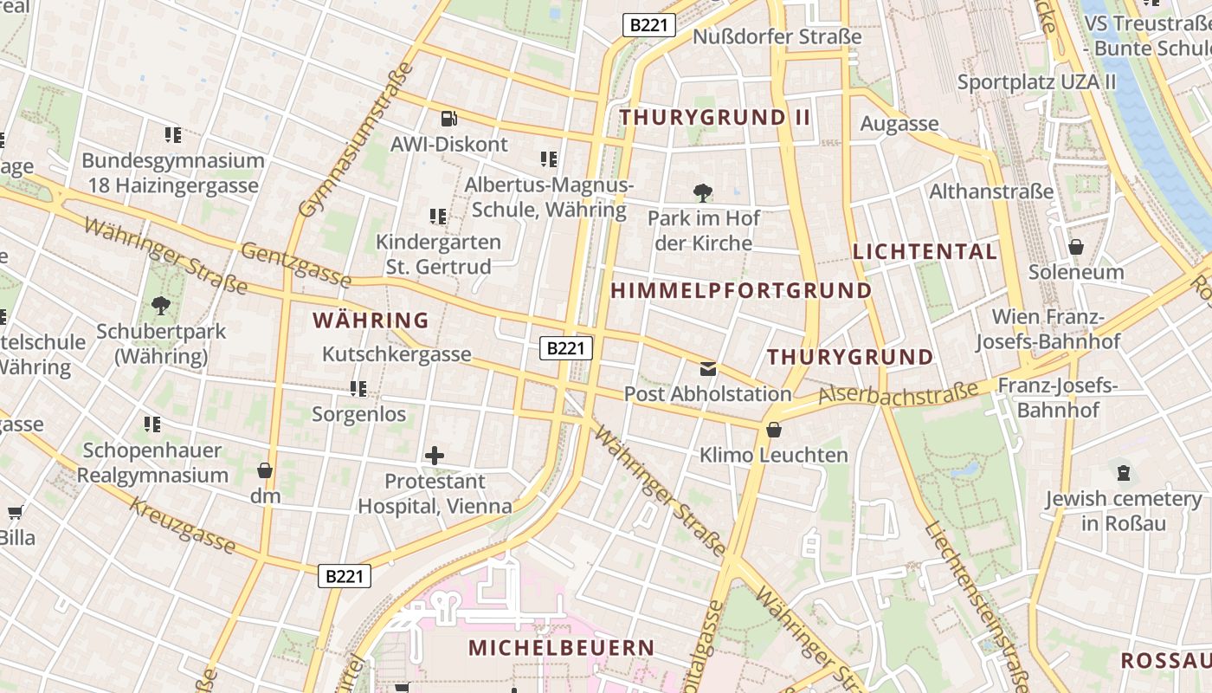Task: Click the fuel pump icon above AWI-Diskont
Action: coord(448,118)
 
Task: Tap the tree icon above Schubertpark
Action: coord(160,305)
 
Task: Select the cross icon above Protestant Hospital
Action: coord(435,455)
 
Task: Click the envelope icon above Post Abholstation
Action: coord(708,369)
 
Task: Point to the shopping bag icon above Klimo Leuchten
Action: coord(774,430)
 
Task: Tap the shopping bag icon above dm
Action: coord(265,470)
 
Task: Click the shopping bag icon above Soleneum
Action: coord(1076,247)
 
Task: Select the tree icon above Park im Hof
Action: coord(702,192)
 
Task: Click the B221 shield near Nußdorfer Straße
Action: coord(648,25)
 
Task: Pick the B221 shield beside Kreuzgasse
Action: coord(345,576)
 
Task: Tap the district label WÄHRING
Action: coord(371,321)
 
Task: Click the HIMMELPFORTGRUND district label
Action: coord(741,291)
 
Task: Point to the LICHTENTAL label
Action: coord(925,252)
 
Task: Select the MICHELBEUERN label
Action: coord(561,647)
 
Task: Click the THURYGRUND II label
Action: coord(715,117)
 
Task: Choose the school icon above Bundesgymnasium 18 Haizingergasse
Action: coord(173,135)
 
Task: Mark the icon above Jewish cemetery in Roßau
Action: coord(1123,472)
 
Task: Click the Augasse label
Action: coord(899,124)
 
